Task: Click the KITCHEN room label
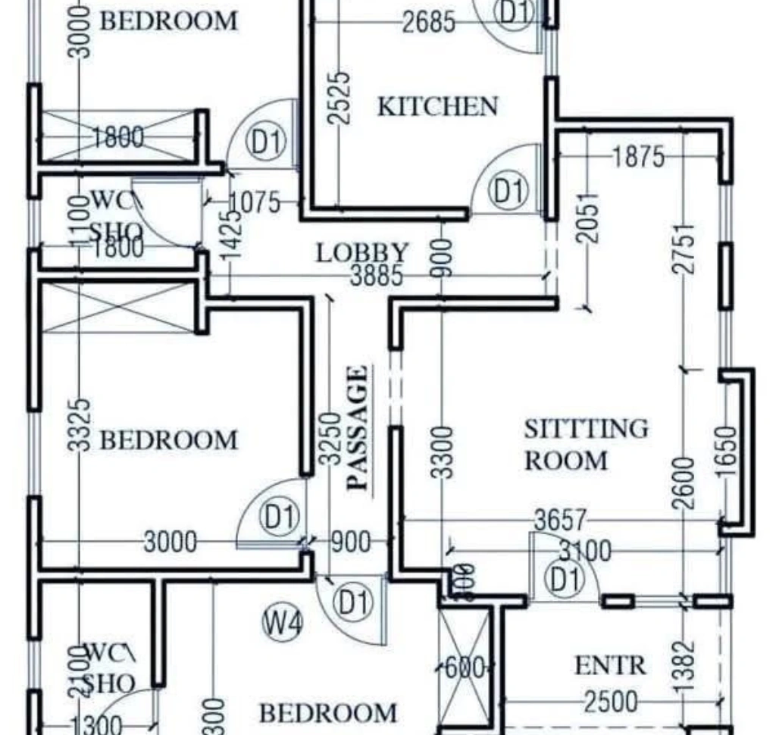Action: pos(438,107)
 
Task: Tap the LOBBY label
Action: pos(362,252)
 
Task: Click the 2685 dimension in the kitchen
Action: pos(429,22)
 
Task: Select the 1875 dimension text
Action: pos(638,157)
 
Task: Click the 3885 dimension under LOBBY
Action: pos(377,276)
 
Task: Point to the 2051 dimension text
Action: pos(587,218)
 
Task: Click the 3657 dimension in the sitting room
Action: pos(560,520)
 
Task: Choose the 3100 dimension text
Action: pos(584,551)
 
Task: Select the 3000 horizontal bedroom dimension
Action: pos(171,542)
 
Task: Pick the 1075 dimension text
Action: pos(254,203)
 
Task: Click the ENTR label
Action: pos(610,666)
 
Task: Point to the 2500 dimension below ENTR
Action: pos(610,702)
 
